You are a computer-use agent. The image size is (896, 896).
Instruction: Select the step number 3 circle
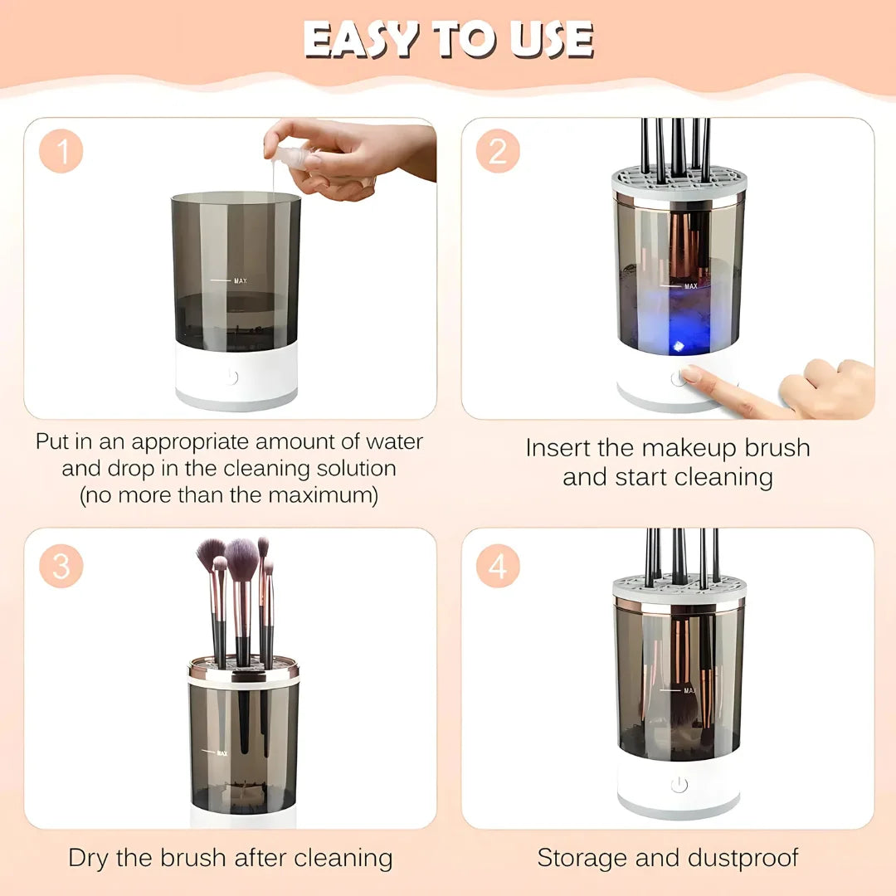click(x=61, y=566)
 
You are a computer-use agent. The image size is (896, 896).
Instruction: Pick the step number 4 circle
click(x=498, y=566)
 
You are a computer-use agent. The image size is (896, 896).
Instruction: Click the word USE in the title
click(x=551, y=39)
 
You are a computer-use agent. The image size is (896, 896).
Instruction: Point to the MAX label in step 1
click(x=240, y=281)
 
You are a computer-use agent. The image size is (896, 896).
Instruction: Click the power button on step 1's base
click(x=231, y=377)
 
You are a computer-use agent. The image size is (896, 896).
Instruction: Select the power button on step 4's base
click(x=679, y=785)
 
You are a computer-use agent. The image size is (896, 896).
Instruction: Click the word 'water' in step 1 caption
click(x=389, y=442)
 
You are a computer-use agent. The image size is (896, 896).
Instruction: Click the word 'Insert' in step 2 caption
click(x=558, y=449)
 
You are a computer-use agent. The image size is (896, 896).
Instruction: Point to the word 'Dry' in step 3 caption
click(x=88, y=858)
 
